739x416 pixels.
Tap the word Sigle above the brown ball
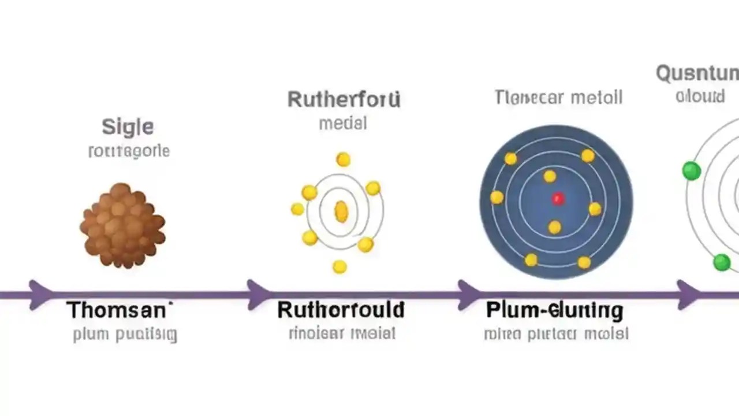coord(128,127)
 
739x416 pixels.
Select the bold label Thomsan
coord(119,310)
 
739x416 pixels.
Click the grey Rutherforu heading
coord(344,99)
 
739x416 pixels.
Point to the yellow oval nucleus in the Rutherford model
coord(341,211)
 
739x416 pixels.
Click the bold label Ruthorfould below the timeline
coord(341,310)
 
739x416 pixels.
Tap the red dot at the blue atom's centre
coord(557,199)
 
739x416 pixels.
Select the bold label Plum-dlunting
coord(555,310)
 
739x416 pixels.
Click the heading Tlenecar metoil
coord(558,97)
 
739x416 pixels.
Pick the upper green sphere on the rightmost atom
coord(691,171)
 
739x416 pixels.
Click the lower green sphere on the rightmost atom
coord(721,262)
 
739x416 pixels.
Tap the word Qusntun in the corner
coord(697,74)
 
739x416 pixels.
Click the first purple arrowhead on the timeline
coord(39,294)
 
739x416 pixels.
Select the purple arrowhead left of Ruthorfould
coord(257,294)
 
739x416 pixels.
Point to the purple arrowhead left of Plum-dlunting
coord(468,294)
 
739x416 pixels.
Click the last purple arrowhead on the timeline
coord(687,294)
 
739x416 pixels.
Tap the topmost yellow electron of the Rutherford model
coord(343,159)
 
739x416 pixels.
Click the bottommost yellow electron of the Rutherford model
coord(339,266)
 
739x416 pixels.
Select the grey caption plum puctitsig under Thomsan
coord(125,335)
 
